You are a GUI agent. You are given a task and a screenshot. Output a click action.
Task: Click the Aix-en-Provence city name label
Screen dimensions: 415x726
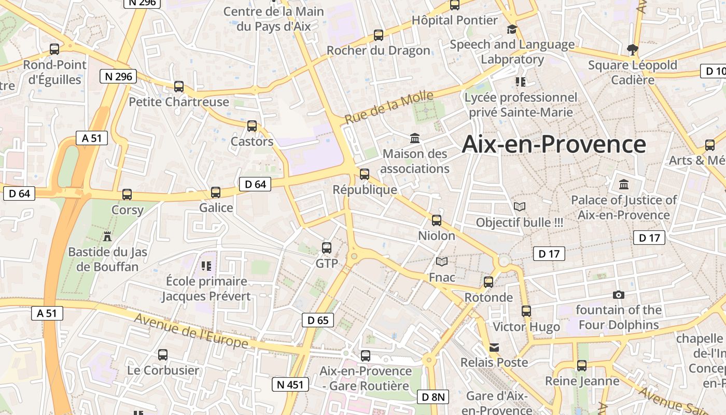[x=554, y=144]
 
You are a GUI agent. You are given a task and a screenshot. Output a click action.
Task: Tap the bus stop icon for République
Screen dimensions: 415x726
[x=365, y=174]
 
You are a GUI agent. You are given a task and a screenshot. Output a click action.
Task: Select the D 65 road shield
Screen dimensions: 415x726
[x=318, y=320]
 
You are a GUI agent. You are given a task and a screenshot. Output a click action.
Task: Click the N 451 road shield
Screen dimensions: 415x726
[x=290, y=384]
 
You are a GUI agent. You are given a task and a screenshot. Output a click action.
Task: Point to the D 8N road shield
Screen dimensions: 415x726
[x=432, y=397]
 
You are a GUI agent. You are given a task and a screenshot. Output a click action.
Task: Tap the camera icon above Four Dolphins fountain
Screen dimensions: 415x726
[x=618, y=295]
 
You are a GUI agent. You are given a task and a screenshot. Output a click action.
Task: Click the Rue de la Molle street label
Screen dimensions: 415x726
[x=389, y=107]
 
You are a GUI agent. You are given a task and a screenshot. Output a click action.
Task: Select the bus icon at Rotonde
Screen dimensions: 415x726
[x=488, y=282]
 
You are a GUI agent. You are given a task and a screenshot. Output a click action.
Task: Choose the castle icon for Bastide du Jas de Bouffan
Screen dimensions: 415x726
[x=107, y=237]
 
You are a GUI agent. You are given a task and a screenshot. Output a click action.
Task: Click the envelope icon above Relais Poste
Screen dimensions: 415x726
[x=494, y=347]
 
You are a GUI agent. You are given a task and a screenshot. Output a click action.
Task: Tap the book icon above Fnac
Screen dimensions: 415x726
[x=441, y=262]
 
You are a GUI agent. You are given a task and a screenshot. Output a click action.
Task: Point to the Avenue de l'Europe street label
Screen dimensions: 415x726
[x=191, y=331]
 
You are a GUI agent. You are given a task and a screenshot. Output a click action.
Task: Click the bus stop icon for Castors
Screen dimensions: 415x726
[x=252, y=126]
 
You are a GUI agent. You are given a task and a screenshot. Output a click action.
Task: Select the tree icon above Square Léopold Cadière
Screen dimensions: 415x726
[x=632, y=50]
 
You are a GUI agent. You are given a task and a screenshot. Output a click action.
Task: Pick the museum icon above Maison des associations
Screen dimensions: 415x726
[x=415, y=139]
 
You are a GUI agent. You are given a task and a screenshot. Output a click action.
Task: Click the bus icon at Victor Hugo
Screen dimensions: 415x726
[x=526, y=311]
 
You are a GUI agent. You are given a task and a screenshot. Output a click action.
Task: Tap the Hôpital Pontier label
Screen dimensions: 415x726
[x=455, y=20]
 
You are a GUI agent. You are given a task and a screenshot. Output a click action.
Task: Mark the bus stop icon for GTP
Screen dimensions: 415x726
[x=326, y=248]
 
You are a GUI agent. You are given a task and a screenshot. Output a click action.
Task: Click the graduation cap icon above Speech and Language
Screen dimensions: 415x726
[x=512, y=29]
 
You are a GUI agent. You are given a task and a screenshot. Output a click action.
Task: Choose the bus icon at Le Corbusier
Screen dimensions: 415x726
[x=163, y=355]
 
